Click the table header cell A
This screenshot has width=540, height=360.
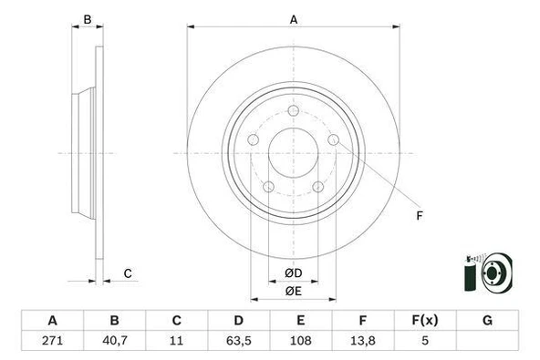coord(52,321)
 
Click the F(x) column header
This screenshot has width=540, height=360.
coord(424,321)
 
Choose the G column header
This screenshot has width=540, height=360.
coord(487,321)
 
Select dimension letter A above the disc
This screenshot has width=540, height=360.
coord(294,19)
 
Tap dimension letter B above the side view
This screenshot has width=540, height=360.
coord(88,19)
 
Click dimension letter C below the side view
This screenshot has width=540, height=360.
coord(128,273)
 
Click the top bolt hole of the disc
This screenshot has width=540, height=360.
coord(294,111)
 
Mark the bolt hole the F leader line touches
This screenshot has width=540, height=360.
coord(334,139)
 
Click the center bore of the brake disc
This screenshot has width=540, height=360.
coord(294,151)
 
